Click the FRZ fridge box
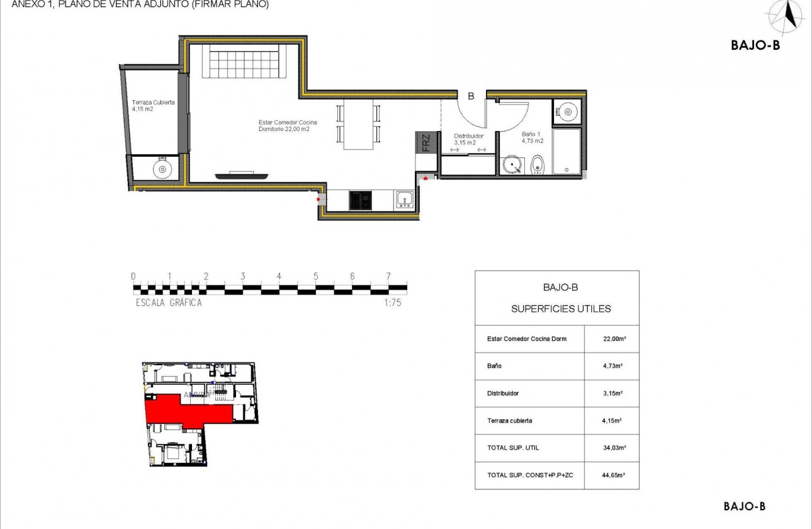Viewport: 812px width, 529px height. click(426, 143)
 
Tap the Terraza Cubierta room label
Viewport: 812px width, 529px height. click(153, 105)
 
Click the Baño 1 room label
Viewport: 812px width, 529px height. click(532, 137)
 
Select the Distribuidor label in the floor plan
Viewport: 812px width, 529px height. click(468, 139)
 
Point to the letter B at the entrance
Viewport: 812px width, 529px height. click(470, 96)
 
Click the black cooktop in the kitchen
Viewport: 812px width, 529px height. click(361, 200)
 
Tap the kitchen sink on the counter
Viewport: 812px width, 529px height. click(403, 200)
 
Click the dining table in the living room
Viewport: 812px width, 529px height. click(358, 124)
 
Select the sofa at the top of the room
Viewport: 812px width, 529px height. click(245, 62)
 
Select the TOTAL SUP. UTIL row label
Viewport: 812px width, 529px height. click(513, 448)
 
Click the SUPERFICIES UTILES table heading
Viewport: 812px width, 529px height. click(561, 309)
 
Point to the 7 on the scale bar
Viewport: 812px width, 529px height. click(388, 276)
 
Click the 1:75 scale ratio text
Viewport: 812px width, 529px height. click(393, 302)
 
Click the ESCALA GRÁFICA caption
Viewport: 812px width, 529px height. click(169, 302)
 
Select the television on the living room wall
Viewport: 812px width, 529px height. click(242, 173)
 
